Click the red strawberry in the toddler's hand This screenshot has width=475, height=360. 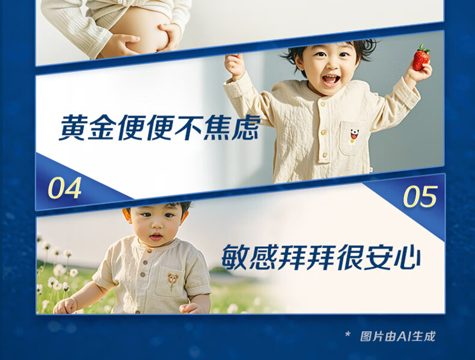coord(421,58)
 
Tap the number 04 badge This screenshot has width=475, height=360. coord(65,188)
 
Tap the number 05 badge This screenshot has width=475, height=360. coord(420,197)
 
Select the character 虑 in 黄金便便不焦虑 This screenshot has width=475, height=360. coord(247,127)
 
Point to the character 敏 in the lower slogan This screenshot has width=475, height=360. coord(235,257)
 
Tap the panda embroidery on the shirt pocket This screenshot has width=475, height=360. coord(354,136)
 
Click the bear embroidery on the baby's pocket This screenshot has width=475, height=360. coord(173,281)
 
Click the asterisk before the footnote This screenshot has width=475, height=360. coord(348,335)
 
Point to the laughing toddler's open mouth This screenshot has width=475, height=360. coord(331,79)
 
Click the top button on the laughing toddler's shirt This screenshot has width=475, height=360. coord(323,105)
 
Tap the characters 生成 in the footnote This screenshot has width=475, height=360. coord(423,337)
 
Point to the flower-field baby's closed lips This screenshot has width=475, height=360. coord(156,236)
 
